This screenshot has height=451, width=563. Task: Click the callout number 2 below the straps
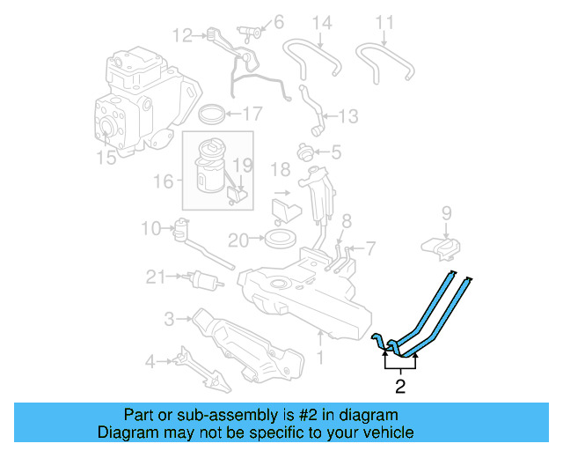coord(400,385)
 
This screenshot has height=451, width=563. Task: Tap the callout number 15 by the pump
coord(106,159)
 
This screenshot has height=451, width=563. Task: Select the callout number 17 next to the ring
coord(252,114)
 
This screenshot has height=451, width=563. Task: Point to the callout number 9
coord(446,212)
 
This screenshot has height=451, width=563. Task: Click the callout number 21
coord(156,277)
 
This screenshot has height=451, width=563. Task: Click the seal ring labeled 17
coord(212,114)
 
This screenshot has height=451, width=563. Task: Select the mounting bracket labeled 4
coord(202,368)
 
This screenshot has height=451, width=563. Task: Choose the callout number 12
coord(182,36)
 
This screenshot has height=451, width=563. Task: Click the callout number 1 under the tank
coord(320,358)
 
